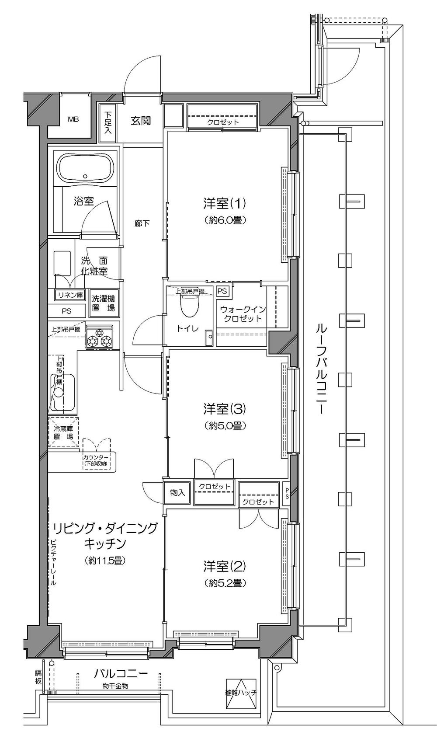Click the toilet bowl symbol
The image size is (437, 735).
click(190, 305)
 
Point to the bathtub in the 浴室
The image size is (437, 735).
click(86, 169)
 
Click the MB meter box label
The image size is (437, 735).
click(73, 119)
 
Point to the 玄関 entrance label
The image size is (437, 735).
click(141, 120)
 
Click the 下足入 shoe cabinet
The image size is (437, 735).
click(108, 123)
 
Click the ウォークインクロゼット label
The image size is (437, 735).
click(243, 314)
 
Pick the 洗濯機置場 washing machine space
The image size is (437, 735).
click(103, 303)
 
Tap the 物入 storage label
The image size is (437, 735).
click(177, 493)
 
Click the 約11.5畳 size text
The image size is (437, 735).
click(105, 560)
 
